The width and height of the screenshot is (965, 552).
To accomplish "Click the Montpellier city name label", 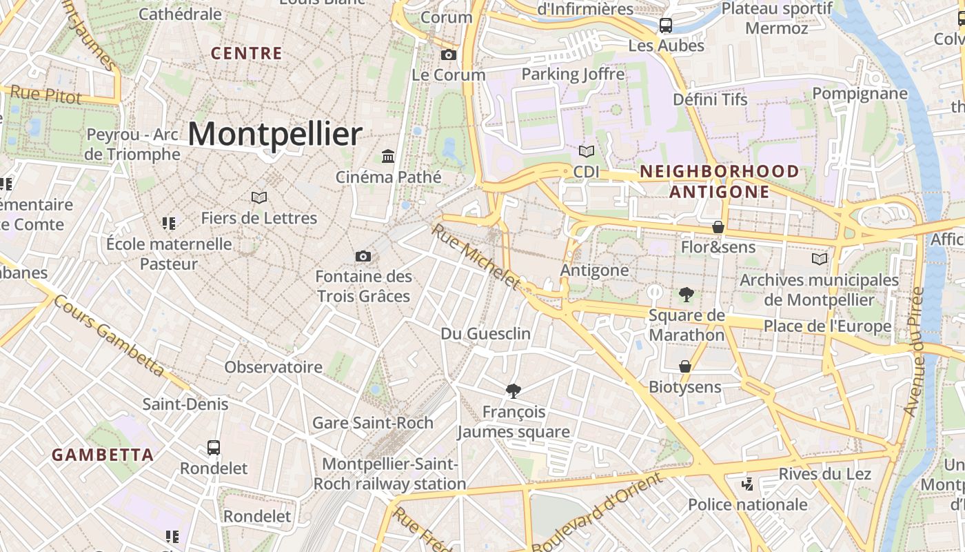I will pos(274,134).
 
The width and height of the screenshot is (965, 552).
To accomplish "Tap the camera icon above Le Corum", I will pos(449,55).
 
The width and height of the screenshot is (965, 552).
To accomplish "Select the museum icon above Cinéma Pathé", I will pos(388,157).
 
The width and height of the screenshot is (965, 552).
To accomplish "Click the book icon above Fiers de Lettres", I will pos(259,198).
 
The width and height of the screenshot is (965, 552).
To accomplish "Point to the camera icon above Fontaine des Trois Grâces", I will pos(363,257).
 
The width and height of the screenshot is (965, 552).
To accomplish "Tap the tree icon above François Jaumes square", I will pos(513,391).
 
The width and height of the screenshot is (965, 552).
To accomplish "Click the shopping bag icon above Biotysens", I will pos(685,366).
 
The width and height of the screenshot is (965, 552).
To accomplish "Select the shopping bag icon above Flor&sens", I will pos(718,227).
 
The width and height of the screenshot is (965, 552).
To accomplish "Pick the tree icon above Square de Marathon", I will pos(686,295).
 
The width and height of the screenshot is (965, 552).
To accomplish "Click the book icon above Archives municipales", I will pos(819,259).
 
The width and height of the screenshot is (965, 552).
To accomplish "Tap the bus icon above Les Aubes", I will pos(666,26).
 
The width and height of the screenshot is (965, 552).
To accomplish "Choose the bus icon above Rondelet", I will pos(214,448).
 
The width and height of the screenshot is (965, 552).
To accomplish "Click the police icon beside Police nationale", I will pos(747,484).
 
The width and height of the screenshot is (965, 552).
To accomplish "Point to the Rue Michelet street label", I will pos(476,256).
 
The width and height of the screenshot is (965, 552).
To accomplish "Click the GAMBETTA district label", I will pos(103,455).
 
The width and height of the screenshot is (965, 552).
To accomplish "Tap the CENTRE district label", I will pos(246,53).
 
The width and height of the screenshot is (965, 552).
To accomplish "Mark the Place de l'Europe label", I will pos(827,326).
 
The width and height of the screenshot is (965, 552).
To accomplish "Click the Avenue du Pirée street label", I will pos(915,352).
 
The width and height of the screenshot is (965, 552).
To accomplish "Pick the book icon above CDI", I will pos(587,152).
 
